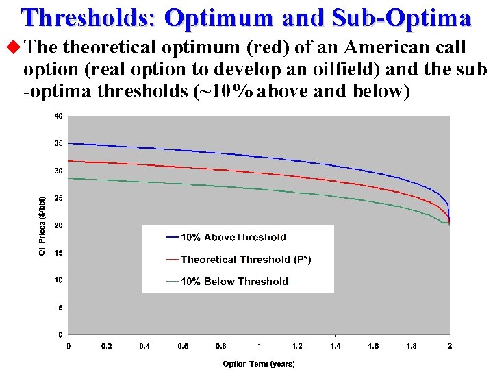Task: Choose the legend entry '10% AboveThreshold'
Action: tap(233, 238)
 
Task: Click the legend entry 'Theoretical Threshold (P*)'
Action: tap(245, 260)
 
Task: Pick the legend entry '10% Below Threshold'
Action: tap(234, 282)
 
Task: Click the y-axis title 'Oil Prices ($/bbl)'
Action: tap(42, 226)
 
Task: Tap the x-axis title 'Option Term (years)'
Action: tap(259, 364)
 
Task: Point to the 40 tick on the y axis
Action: tap(58, 116)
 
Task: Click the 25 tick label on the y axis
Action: tap(58, 198)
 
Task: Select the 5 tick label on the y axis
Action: tap(60, 308)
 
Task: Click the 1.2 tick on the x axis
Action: tap(297, 346)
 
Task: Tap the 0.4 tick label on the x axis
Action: tap(144, 346)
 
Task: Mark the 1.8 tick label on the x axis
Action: tap(411, 346)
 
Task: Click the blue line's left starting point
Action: tap(69, 143)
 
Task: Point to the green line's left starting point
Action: tap(69, 178)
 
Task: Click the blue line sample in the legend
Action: tap(173, 238)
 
